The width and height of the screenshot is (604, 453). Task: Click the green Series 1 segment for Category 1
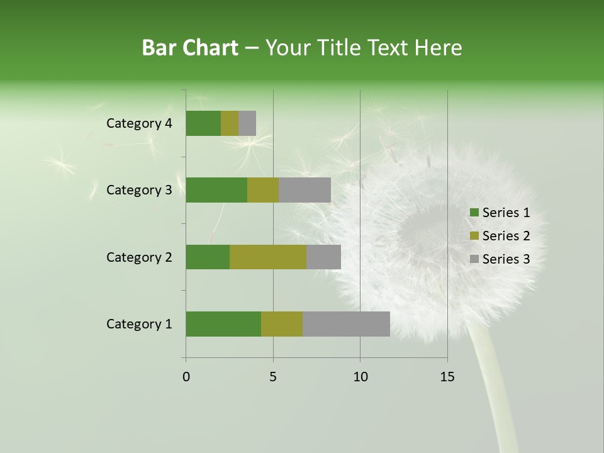click(x=223, y=324)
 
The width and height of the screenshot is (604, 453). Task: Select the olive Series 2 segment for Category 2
click(x=268, y=257)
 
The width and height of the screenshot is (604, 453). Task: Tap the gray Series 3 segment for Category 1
click(x=346, y=324)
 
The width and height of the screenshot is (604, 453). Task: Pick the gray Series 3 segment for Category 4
click(x=247, y=123)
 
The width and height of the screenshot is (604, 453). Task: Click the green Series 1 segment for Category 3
click(x=216, y=190)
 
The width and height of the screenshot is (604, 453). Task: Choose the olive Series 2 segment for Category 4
click(x=230, y=123)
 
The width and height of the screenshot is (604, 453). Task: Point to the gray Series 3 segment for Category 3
click(x=305, y=190)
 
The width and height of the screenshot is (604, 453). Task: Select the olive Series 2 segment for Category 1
click(x=282, y=324)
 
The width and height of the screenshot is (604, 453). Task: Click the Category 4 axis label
click(x=139, y=123)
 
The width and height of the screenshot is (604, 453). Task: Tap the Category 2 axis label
click(x=139, y=257)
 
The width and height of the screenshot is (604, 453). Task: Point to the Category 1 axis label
click(x=139, y=324)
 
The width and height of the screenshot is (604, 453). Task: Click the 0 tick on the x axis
click(x=186, y=377)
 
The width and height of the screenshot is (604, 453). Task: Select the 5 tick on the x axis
click(x=273, y=377)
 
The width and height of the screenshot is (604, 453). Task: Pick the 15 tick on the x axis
click(x=447, y=377)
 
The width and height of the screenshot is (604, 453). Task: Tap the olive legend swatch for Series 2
click(x=474, y=237)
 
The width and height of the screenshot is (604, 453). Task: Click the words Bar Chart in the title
click(x=190, y=48)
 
